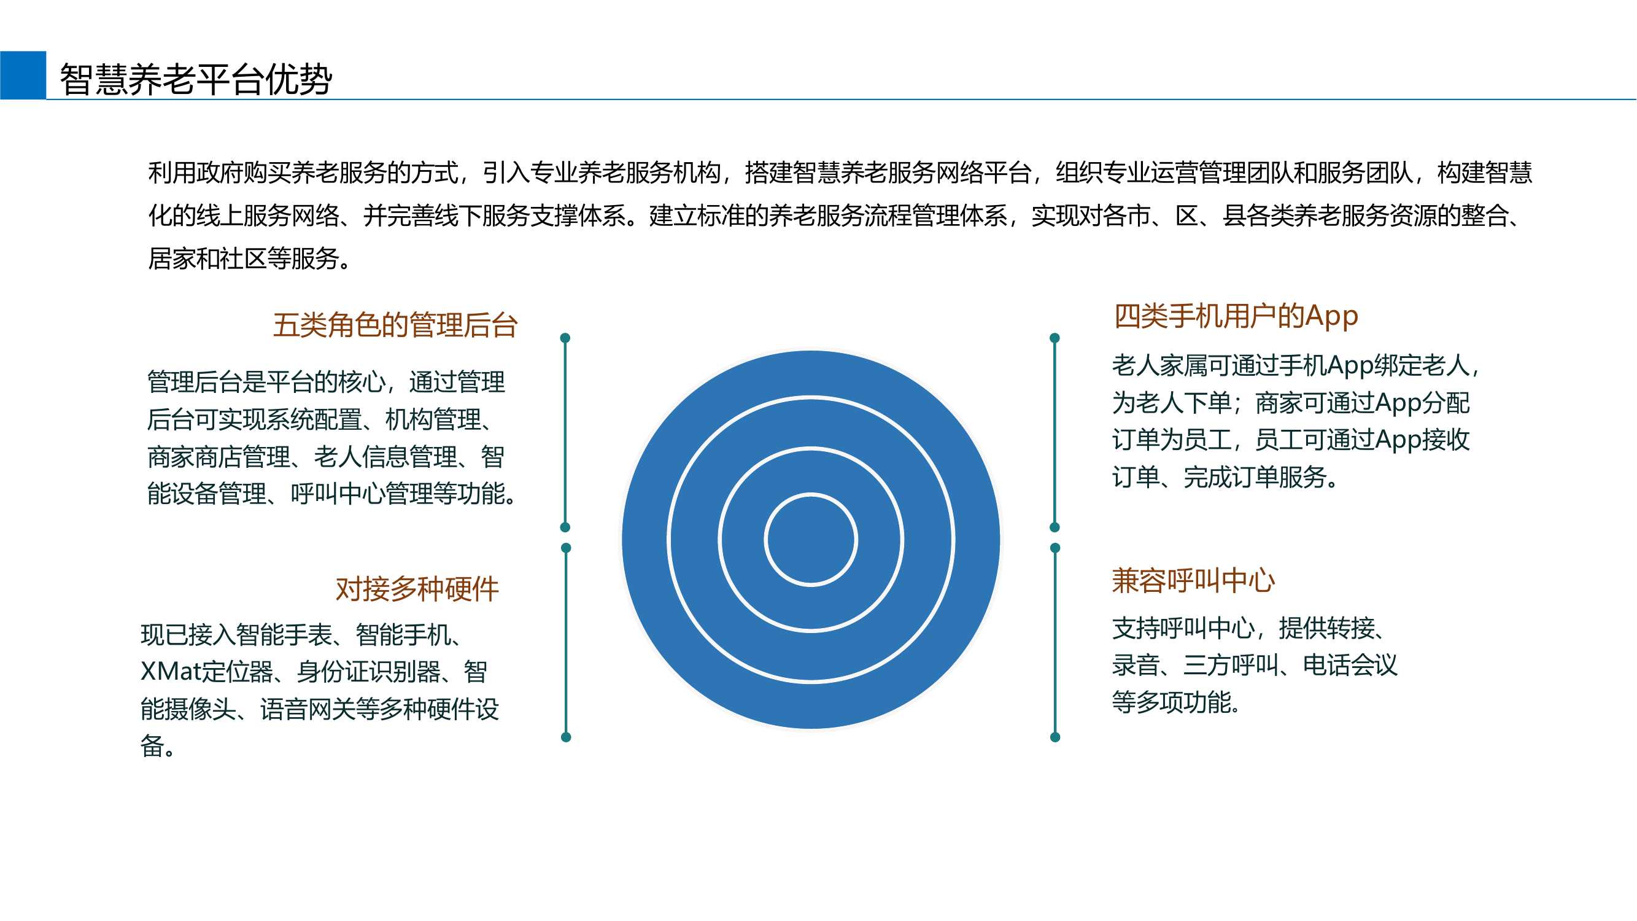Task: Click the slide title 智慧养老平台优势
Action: point(196,79)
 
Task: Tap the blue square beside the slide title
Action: point(23,75)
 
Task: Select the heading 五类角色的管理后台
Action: point(395,325)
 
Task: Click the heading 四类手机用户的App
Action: point(1236,316)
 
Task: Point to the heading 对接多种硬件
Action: point(417,589)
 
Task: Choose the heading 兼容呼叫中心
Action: point(1193,580)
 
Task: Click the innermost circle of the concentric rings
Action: point(811,540)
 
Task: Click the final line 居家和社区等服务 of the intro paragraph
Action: point(249,258)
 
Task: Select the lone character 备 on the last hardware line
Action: point(152,745)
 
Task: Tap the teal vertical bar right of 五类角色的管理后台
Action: point(565,432)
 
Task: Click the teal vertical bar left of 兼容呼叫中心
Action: point(1055,643)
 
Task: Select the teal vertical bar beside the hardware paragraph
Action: point(565,643)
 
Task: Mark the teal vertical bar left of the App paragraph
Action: point(1055,432)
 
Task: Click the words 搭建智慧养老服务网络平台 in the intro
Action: point(888,173)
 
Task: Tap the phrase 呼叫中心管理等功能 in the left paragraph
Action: point(404,494)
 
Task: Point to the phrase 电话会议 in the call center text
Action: point(1350,666)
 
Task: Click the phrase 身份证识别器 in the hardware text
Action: point(368,671)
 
